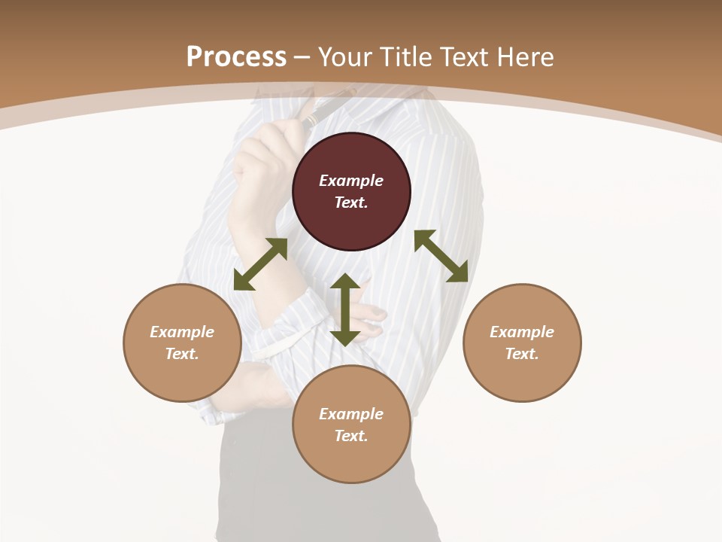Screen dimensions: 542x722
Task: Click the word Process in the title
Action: coord(236,57)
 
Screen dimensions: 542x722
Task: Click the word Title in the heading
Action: coord(407,57)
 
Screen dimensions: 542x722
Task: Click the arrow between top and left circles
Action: coord(260,264)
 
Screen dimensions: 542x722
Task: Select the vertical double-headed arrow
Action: coord(345,309)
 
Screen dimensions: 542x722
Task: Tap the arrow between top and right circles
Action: coord(441,256)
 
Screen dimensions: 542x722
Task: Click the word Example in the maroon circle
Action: coord(351,181)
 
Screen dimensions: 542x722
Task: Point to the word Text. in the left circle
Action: coord(182,354)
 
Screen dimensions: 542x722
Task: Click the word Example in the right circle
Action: coord(522,332)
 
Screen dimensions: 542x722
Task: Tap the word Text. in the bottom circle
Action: coord(351,436)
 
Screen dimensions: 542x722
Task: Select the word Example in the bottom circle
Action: coord(351,414)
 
